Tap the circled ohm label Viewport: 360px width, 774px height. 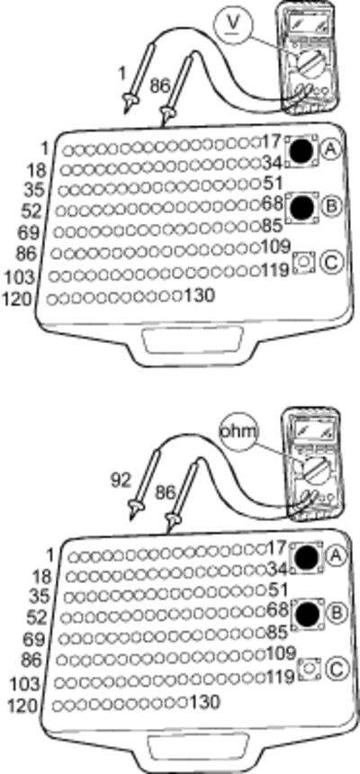(x=239, y=433)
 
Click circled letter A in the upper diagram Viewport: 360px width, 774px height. (x=331, y=149)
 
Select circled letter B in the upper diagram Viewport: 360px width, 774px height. (x=331, y=207)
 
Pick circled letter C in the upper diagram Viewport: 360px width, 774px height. (x=330, y=262)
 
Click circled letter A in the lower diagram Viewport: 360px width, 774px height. (x=337, y=556)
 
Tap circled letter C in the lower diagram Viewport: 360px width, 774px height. (x=337, y=669)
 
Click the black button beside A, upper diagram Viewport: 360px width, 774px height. (x=302, y=150)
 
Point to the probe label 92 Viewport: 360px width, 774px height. (x=121, y=481)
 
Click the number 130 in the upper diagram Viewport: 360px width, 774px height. (x=199, y=296)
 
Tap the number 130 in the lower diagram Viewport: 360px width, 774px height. (x=204, y=702)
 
